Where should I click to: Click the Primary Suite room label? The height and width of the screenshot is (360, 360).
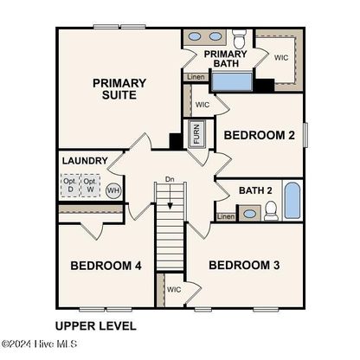[x=119, y=89]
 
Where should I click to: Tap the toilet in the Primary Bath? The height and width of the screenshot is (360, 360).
[x=240, y=38]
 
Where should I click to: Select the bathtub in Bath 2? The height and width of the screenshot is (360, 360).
[x=292, y=201]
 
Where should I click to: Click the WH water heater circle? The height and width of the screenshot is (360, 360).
[x=113, y=190]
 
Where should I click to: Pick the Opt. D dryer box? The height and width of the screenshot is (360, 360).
[x=70, y=185]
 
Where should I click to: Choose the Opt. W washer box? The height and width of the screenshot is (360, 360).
[x=90, y=185]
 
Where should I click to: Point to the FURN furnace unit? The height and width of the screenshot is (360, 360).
[x=196, y=134]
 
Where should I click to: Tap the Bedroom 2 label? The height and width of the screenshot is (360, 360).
[x=260, y=135]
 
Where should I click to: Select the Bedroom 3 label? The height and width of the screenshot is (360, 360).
[x=244, y=265]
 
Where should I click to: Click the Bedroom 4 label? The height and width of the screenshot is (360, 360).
[x=106, y=266]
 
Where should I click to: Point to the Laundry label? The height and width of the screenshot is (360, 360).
[x=85, y=161]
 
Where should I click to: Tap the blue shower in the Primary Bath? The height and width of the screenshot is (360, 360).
[x=232, y=82]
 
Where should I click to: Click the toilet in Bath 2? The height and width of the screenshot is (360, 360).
[x=271, y=210]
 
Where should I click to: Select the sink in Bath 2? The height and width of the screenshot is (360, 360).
[x=249, y=214]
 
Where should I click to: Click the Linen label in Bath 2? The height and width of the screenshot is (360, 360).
[x=226, y=216]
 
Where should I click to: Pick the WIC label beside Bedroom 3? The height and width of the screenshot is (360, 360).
[x=174, y=289]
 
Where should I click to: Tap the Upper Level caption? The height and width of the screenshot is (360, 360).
[x=96, y=326]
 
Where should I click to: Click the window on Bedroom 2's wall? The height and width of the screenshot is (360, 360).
[x=305, y=135]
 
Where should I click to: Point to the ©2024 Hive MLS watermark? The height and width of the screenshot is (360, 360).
[x=39, y=344]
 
